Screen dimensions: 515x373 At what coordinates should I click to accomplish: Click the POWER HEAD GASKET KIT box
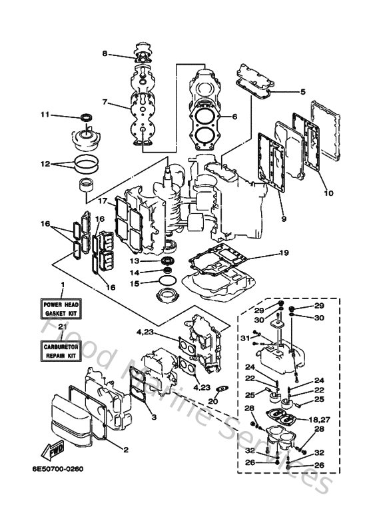[62, 308]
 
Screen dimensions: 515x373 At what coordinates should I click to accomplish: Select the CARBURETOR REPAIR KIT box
[62, 350]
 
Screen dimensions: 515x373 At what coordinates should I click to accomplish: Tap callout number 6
[234, 117]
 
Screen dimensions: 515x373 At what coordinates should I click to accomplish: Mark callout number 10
[328, 193]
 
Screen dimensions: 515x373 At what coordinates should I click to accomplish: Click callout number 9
[284, 217]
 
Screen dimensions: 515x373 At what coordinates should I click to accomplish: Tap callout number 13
[134, 260]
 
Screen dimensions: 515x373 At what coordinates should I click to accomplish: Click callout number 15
[134, 283]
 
